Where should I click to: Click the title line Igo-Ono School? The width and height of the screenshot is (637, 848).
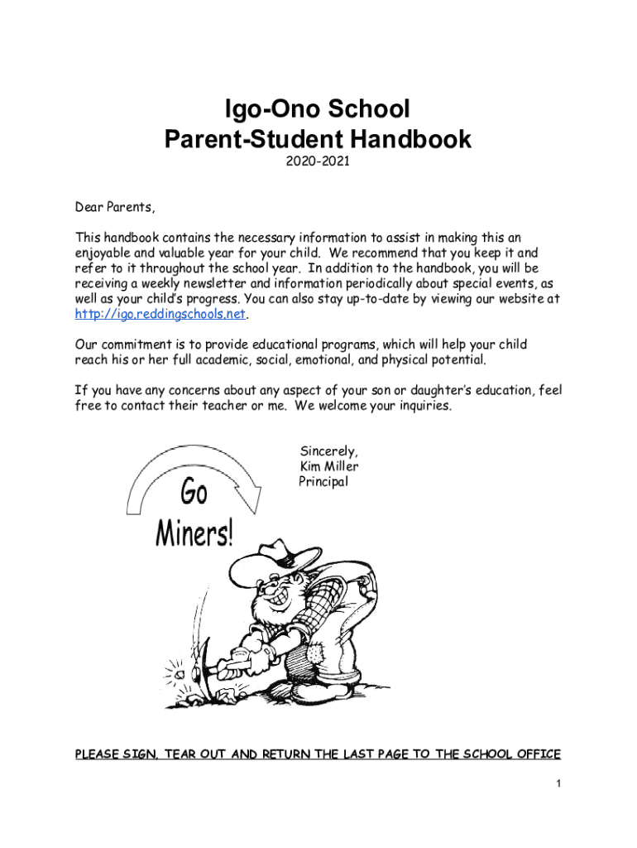click(x=318, y=108)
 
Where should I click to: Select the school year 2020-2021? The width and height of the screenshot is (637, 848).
click(x=318, y=162)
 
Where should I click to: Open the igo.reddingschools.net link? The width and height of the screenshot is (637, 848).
click(x=160, y=314)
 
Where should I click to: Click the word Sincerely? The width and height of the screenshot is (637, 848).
click(x=328, y=451)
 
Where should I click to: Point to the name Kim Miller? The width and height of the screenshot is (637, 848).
click(x=328, y=466)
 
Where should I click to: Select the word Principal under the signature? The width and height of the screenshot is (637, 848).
click(x=323, y=481)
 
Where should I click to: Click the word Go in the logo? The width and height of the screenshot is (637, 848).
click(x=194, y=494)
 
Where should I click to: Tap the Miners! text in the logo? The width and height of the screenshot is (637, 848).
click(x=195, y=535)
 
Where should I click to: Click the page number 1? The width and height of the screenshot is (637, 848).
click(x=558, y=783)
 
